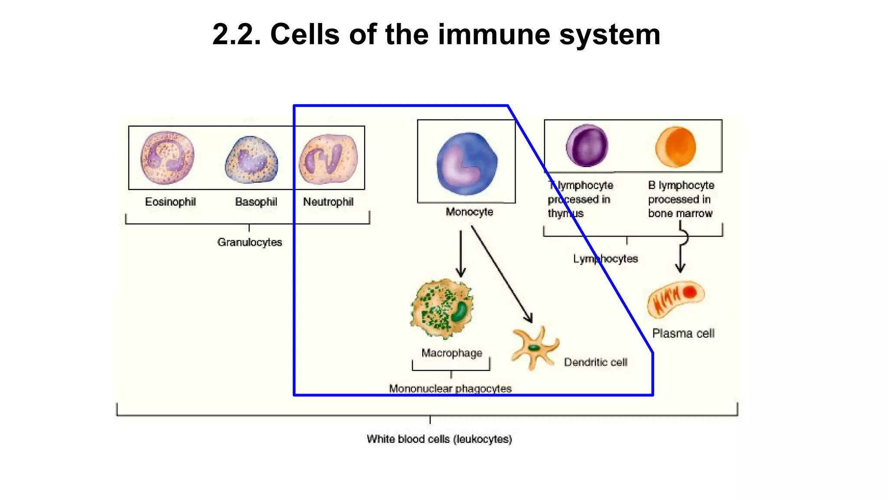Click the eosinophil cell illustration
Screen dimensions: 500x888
tap(167, 158)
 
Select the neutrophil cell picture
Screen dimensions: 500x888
tap(328, 159)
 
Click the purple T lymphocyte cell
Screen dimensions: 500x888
tap(587, 146)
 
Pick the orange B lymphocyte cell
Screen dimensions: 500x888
tap(676, 147)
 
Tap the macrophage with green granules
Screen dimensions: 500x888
tap(442, 309)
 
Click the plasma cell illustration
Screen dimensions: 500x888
tap(676, 299)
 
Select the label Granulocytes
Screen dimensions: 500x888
tap(250, 242)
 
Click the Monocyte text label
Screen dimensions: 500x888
tap(470, 212)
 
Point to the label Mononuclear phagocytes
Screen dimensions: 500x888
tap(450, 388)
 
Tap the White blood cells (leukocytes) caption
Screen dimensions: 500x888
tap(439, 439)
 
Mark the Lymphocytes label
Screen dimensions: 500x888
tap(605, 259)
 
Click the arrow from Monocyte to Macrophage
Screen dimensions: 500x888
tap(461, 253)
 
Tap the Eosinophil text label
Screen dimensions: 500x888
tap(170, 202)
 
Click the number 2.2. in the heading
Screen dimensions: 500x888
tap(237, 34)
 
